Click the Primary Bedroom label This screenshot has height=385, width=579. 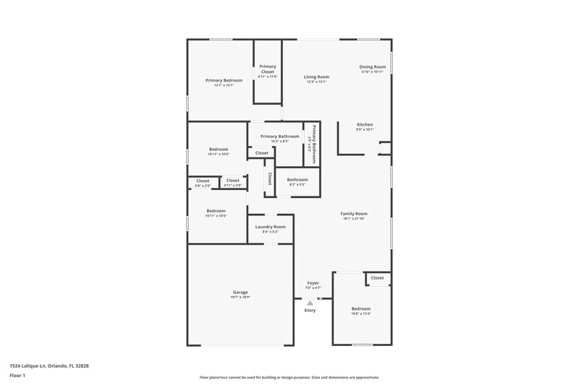[224, 80]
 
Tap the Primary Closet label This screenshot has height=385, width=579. [268, 69]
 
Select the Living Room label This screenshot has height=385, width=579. [316, 77]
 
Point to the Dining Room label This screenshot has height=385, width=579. [373, 66]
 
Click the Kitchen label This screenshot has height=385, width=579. [364, 124]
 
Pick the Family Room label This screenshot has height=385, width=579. [355, 213]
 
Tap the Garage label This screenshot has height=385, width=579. [240, 292]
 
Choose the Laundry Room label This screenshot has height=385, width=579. [270, 227]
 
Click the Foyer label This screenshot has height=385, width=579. [313, 282]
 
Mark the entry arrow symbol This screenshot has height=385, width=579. [310, 303]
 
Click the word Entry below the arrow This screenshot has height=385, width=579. [310, 311]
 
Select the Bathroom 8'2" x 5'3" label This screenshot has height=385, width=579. [297, 180]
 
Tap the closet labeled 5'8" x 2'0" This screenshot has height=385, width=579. [203, 181]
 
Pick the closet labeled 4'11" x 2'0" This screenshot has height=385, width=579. [233, 181]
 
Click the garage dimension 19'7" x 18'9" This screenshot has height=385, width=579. [240, 297]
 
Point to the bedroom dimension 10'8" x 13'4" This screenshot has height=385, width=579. [360, 313]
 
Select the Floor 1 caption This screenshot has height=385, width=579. [17, 376]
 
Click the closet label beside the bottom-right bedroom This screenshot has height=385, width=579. [377, 277]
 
